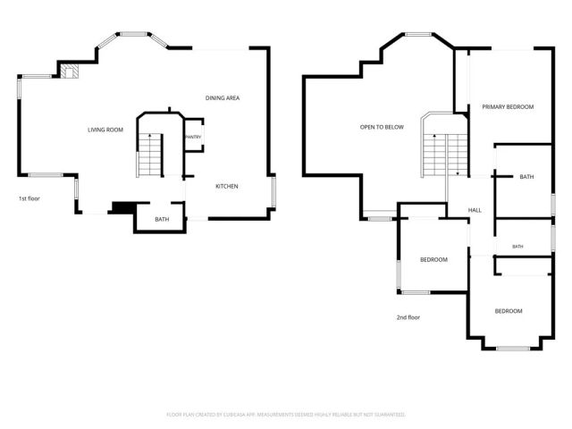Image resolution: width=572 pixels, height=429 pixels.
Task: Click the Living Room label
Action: (x=105, y=130)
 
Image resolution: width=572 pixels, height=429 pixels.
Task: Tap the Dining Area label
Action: (x=223, y=97)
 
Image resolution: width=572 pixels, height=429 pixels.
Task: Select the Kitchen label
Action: (x=227, y=187)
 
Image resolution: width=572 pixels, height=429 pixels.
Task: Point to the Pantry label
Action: (x=193, y=137)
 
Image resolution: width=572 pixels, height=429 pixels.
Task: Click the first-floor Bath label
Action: (x=162, y=219)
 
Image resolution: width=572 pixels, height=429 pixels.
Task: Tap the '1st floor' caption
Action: (x=29, y=198)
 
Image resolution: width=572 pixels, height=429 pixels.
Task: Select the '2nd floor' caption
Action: (x=408, y=317)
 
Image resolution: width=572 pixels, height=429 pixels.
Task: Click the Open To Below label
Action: (x=382, y=127)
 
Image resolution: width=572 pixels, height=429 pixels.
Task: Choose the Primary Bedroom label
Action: (x=508, y=107)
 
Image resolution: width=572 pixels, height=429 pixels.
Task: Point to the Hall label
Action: (x=475, y=210)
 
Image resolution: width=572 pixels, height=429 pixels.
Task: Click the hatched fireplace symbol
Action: (x=70, y=71)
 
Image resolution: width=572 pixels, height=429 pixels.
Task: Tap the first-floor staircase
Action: (x=150, y=155)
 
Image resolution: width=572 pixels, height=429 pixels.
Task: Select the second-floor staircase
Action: (x=445, y=155)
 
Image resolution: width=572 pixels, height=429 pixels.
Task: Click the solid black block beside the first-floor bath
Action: (x=123, y=207)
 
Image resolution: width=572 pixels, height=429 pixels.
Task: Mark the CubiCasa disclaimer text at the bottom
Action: (x=286, y=415)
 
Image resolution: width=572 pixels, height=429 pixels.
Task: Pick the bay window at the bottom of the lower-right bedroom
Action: (x=513, y=349)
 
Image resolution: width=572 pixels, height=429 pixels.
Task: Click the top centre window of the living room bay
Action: (x=133, y=34)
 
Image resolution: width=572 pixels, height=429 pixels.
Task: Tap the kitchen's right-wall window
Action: (x=273, y=192)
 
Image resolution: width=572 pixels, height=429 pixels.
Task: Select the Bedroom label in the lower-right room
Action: (x=509, y=311)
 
